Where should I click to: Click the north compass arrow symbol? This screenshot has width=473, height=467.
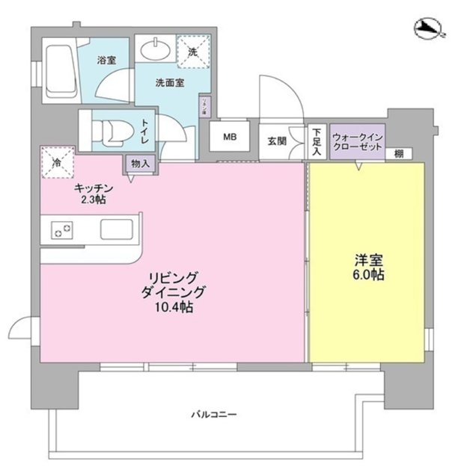(429, 30)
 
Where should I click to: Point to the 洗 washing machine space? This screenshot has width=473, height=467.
(193, 52)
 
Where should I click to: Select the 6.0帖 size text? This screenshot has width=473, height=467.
(369, 276)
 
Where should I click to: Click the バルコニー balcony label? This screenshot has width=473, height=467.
(213, 412)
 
